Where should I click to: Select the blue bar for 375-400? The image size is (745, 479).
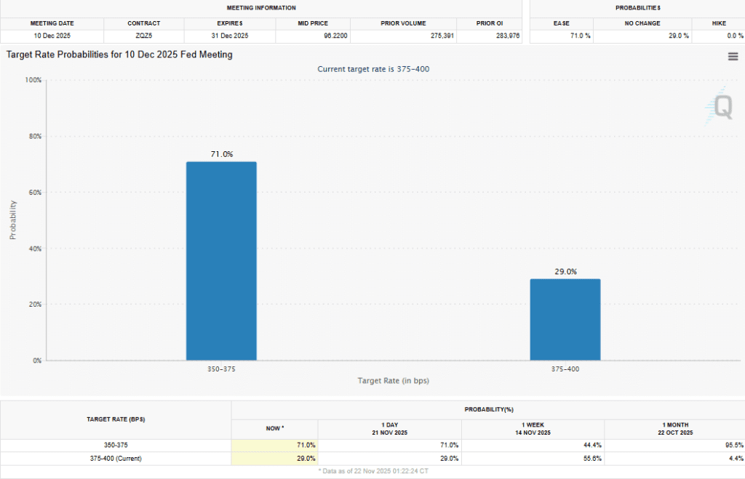pyautogui.click(x=565, y=319)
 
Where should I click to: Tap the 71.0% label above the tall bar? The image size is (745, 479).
pyautogui.click(x=221, y=154)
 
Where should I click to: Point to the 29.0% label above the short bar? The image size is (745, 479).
pyautogui.click(x=565, y=271)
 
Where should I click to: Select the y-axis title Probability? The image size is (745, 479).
pyautogui.click(x=13, y=220)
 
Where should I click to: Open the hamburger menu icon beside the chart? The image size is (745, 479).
pyautogui.click(x=733, y=57)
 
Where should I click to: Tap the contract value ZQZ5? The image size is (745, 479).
pyautogui.click(x=143, y=36)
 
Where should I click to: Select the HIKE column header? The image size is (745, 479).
pyautogui.click(x=719, y=23)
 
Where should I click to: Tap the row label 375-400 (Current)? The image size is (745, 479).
pyautogui.click(x=116, y=459)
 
